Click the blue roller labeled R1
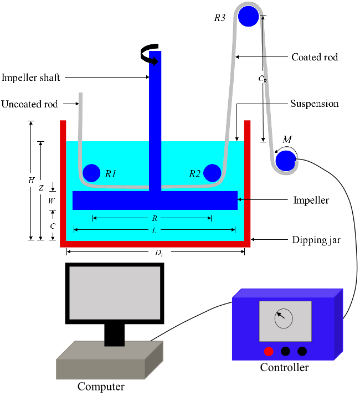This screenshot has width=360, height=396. tap(91, 173)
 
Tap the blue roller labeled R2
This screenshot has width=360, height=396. tap(212, 173)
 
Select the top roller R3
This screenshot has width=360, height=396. tap(249, 17)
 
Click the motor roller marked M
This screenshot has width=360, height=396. tap(285, 161)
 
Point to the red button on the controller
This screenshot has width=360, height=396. tap(269, 351)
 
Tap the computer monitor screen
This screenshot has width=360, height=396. tap(115, 293)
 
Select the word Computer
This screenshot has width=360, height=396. tap(101, 387)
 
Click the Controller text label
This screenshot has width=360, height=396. tap(284, 367)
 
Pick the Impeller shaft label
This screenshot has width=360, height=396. tap(30, 78)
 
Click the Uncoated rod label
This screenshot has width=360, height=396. tap(29, 104)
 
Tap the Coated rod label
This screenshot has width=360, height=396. tap(314, 57)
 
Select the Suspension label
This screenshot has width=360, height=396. tap(314, 104)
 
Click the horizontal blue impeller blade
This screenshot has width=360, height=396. tap(155, 200)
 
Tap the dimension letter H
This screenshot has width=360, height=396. tap(31, 181)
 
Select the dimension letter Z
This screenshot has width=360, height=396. tap(40, 188)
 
